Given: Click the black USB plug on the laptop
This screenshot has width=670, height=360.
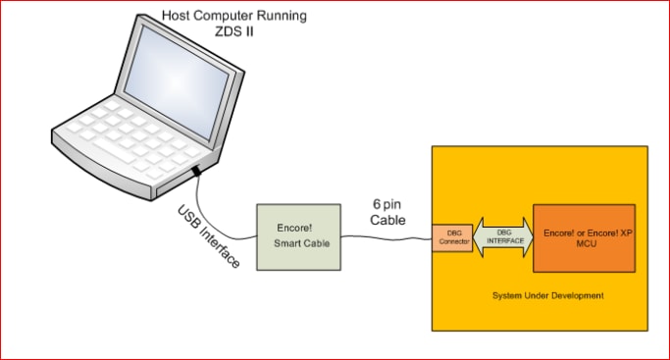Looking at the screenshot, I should tap(197, 172).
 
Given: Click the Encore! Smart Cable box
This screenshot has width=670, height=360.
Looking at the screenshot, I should tap(299, 236).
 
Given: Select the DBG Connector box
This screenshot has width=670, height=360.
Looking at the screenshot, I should tap(453, 238).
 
